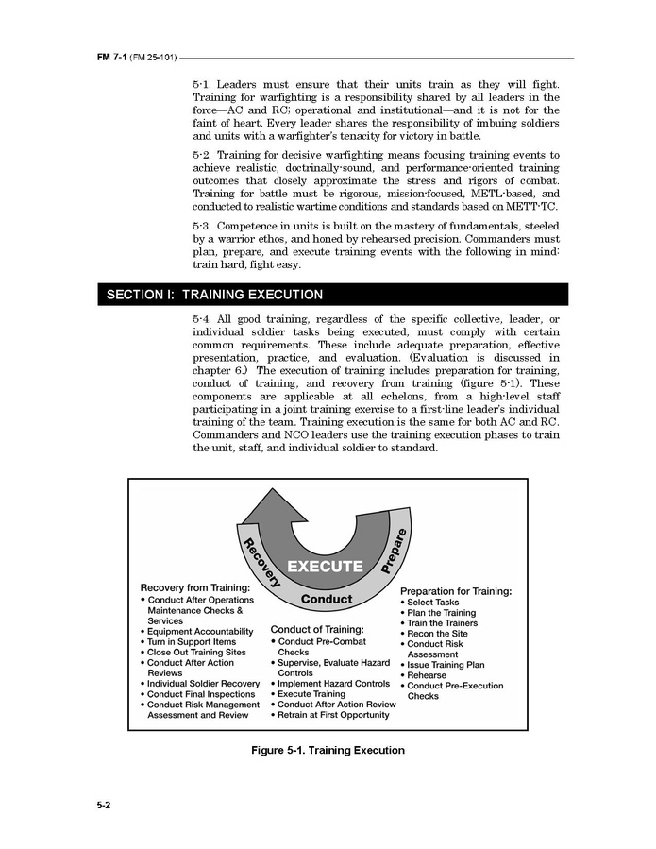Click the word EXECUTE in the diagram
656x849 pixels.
pos(325,567)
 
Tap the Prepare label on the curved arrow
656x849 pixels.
pos(394,552)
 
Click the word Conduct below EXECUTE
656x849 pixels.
pos(327,599)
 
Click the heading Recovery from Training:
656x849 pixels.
pos(195,587)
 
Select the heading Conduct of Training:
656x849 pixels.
pos(317,629)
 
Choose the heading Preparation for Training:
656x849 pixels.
pos(456,591)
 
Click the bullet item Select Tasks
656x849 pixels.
pos(432,602)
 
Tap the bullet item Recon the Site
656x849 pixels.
pos(438,634)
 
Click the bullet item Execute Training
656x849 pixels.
pos(311,694)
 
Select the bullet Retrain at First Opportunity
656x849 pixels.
pos(333,715)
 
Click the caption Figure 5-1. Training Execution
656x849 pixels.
pos(328,750)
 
